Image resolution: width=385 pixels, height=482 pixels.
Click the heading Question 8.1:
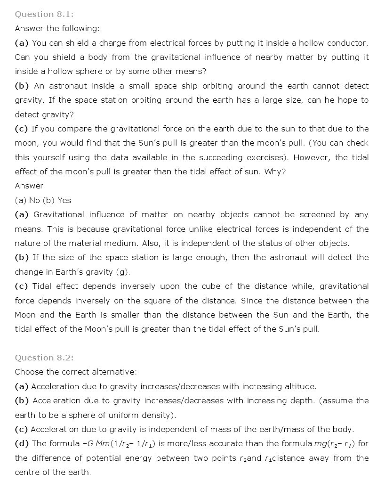tap(44, 14)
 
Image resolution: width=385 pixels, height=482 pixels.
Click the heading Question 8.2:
tap(44, 358)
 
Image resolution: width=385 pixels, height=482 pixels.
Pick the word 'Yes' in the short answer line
tap(64, 200)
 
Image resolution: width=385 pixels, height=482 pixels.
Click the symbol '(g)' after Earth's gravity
tap(122, 272)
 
